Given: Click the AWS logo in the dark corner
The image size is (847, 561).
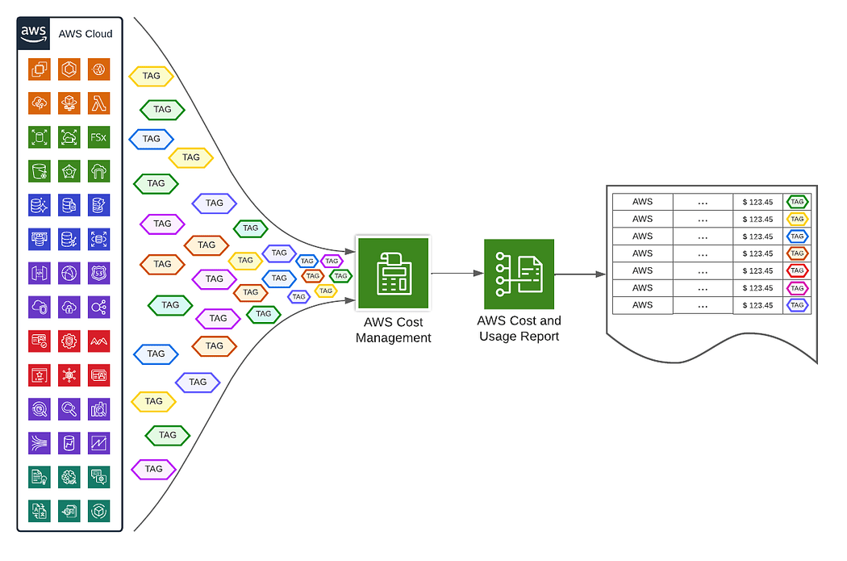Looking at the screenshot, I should tap(34, 34).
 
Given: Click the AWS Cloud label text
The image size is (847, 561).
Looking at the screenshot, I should tap(86, 34).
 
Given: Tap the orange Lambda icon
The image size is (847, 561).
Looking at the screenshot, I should tap(98, 103).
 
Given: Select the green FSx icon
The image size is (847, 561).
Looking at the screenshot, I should tap(98, 137).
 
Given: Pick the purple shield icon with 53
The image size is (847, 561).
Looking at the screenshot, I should tap(98, 273).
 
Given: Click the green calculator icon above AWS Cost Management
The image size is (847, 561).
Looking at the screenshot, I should tap(393, 273).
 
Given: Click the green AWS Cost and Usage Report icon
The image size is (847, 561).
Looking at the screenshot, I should tap(519, 274).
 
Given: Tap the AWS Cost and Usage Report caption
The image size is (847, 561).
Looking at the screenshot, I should tap(519, 328).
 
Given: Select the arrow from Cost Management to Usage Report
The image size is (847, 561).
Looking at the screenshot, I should tap(457, 274).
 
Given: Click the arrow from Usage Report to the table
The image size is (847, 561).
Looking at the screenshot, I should tap(580, 274).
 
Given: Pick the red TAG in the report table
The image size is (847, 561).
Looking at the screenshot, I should tap(797, 270).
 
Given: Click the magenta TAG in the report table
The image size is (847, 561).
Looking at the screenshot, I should tap(797, 288).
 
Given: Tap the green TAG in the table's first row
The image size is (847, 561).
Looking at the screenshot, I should tap(797, 202).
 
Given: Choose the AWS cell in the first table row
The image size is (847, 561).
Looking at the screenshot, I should tap(642, 202).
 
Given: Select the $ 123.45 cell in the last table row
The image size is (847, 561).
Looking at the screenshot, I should tap(757, 306).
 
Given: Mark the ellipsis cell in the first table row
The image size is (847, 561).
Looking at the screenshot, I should tap(703, 202).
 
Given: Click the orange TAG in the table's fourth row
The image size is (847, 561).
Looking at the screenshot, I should tap(797, 253).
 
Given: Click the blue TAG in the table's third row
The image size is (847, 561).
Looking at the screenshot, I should tap(797, 237).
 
